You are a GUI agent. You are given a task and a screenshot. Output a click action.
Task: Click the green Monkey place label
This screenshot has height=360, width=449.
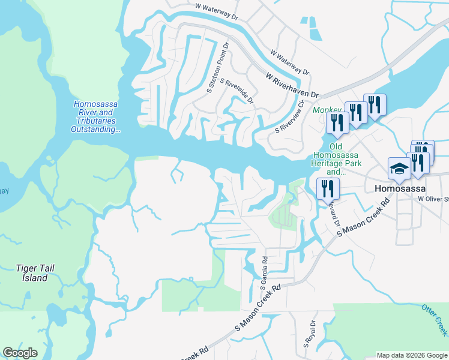point(327,110)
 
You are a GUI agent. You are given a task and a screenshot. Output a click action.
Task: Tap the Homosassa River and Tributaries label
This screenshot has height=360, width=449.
point(96,116)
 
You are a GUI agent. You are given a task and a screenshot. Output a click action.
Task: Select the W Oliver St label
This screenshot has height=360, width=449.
point(433,198)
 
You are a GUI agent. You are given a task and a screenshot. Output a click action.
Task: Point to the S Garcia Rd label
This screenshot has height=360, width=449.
point(264,274)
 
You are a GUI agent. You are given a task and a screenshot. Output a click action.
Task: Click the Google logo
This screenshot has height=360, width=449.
point(20,353)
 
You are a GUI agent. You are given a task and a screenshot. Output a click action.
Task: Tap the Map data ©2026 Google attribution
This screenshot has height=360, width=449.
point(412,355)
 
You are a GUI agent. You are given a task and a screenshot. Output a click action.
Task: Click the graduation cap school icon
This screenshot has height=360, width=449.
point(399,169)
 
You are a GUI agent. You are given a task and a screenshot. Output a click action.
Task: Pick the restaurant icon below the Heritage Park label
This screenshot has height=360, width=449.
point(328,188)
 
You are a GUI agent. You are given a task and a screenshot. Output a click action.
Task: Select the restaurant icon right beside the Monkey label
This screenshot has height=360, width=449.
point(337,122)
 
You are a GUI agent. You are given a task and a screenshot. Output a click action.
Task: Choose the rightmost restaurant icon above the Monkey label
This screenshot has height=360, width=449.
point(375,104)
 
